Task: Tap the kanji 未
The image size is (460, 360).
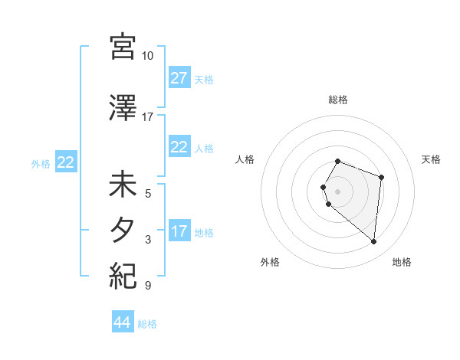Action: [123, 185]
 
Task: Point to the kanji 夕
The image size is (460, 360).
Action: [123, 231]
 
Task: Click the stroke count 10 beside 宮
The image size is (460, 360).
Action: [148, 56]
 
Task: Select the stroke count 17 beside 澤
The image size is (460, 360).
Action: [148, 117]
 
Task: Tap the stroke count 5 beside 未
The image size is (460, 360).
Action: [148, 193]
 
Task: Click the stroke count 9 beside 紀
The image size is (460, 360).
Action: [148, 286]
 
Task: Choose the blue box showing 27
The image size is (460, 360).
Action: [179, 78]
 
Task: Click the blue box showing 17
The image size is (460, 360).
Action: [179, 231]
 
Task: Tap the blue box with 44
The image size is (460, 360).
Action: [122, 323]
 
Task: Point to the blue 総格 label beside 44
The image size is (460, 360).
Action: [147, 324]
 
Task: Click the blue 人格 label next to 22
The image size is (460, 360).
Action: [204, 148]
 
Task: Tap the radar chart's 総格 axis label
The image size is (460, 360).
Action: [338, 100]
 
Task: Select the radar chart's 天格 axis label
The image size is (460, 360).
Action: [431, 159]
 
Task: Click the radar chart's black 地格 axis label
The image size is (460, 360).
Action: [402, 262]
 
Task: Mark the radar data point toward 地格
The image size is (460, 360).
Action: [373, 241]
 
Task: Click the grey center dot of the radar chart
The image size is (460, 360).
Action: [338, 191]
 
